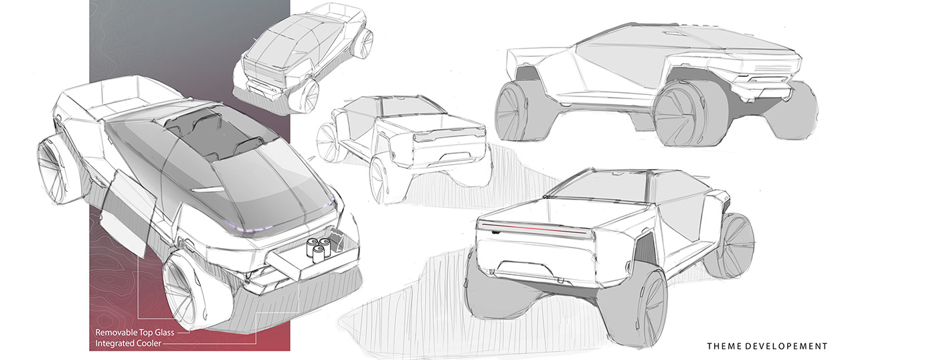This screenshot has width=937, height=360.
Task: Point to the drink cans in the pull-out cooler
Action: pyautogui.click(x=316, y=249)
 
